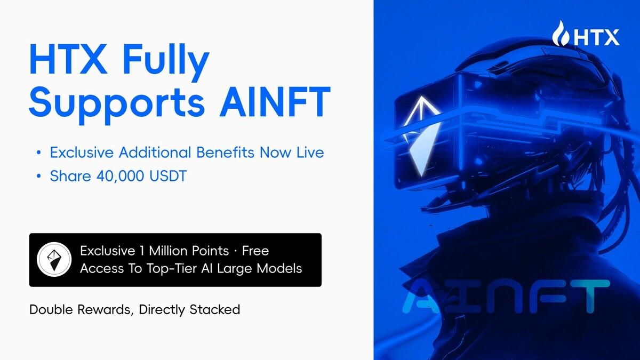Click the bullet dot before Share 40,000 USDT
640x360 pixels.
click(x=38, y=177)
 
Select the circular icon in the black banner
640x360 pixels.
click(x=54, y=260)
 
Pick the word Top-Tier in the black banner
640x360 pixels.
click(x=173, y=268)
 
